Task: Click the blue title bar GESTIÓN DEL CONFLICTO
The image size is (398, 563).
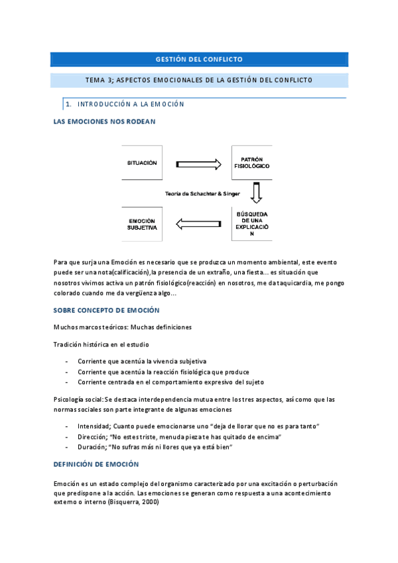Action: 199,59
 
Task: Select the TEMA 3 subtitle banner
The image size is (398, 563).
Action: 199,80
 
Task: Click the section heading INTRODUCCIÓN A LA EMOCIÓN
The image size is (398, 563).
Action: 131,104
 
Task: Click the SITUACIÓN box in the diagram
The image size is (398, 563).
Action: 143,163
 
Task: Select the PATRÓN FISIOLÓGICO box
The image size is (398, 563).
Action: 255,163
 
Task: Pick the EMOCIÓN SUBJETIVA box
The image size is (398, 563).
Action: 143,224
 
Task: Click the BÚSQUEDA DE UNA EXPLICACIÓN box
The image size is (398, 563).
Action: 255,224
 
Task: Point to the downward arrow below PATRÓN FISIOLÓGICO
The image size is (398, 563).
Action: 256,193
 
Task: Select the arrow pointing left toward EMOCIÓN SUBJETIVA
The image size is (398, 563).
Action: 198,224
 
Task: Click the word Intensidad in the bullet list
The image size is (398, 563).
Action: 94,425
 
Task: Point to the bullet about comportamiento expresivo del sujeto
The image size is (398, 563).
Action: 170,382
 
